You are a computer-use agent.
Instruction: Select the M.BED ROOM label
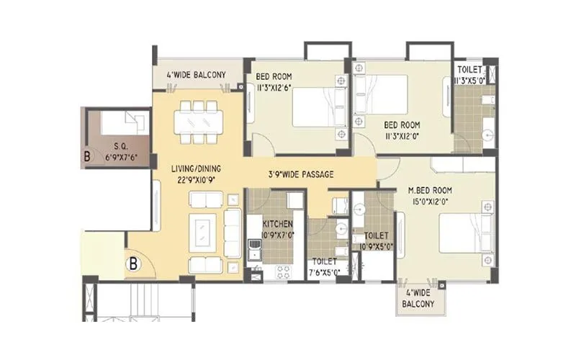coord(428,189)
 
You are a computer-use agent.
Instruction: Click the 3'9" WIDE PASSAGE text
coord(301,174)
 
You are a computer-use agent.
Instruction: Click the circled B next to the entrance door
coord(134,264)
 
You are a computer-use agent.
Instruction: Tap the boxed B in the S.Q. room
coord(87,155)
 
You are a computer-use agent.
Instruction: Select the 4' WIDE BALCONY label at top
coord(196,75)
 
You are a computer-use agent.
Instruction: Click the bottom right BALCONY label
coord(418,305)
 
